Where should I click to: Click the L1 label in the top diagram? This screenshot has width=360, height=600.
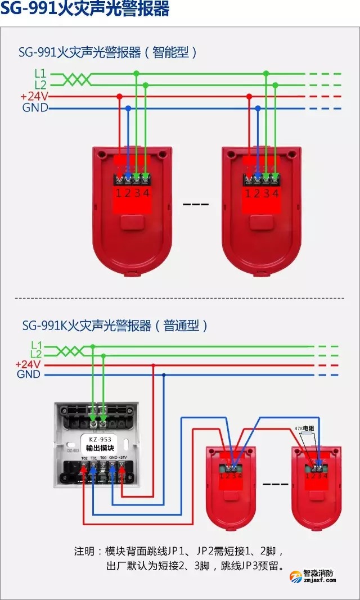(x=40, y=73)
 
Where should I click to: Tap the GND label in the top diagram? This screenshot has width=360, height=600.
(x=35, y=108)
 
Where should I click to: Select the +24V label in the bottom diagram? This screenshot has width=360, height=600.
(x=28, y=364)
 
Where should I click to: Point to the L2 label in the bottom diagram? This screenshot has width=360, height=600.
(x=36, y=354)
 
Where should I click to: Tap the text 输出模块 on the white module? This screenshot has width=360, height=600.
(x=96, y=448)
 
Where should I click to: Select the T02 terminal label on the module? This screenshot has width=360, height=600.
(x=84, y=458)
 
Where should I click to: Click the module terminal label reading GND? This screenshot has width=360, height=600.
(x=113, y=458)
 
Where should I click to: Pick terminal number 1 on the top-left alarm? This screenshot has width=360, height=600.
(x=119, y=193)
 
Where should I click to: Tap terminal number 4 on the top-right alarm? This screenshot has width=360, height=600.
(x=275, y=193)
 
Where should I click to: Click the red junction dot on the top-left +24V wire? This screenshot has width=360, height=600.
(x=119, y=96)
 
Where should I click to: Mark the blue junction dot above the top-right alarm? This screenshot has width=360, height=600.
(x=258, y=108)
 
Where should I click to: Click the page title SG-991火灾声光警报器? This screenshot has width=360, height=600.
(x=84, y=10)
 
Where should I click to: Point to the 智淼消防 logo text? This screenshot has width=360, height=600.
(x=318, y=574)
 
